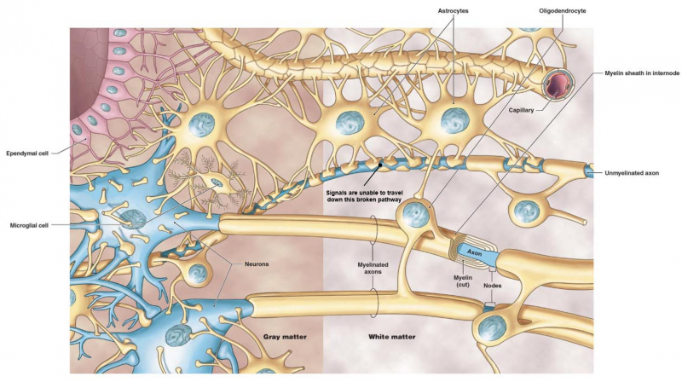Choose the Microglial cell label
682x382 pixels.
(29, 225)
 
